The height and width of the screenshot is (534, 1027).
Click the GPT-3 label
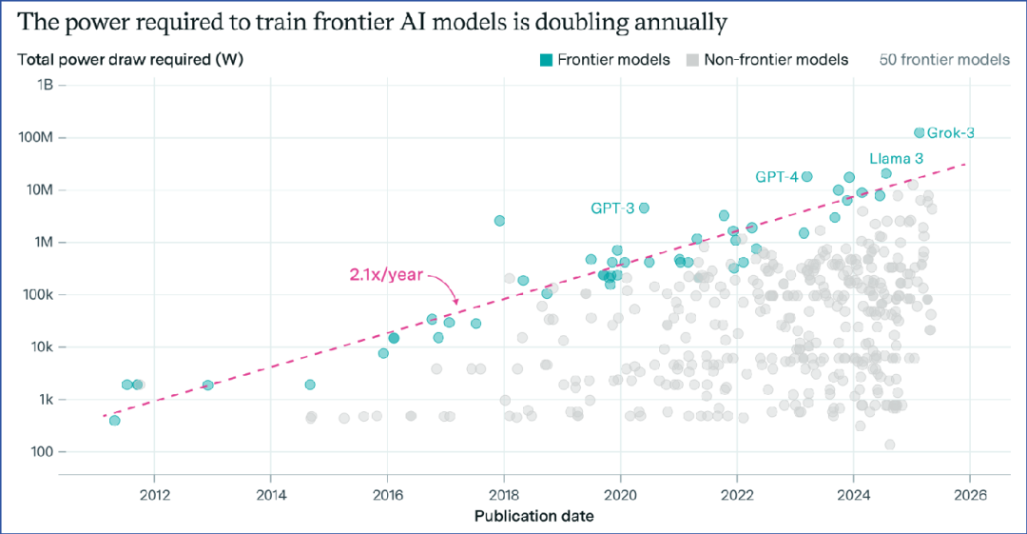coord(612,208)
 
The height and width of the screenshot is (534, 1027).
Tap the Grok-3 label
coord(950,133)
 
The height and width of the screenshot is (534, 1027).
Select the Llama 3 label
coord(896,158)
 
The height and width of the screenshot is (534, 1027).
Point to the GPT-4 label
coord(776,176)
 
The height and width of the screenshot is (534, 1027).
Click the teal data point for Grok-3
coord(919,133)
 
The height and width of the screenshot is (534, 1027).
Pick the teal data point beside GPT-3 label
coord(644,208)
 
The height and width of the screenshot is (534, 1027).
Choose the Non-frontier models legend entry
coord(766,60)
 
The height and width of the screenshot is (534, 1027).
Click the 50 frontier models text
coord(944,60)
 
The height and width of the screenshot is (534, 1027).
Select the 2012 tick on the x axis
coord(154,495)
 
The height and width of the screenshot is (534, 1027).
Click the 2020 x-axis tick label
coord(620,495)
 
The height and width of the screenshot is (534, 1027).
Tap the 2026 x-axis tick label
coord(969,495)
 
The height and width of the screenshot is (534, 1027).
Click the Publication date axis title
coord(534,517)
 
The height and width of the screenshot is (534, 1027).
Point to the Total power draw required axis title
coord(130,60)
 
